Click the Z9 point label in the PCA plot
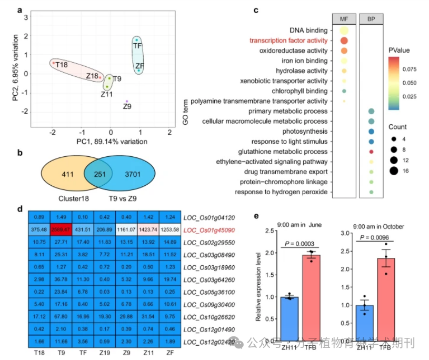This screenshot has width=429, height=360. click(127, 107)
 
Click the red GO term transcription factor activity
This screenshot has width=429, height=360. click(288, 41)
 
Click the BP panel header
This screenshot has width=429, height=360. click(371, 18)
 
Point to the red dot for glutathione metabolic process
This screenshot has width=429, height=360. click(371, 152)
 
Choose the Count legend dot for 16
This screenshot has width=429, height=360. click(394, 170)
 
